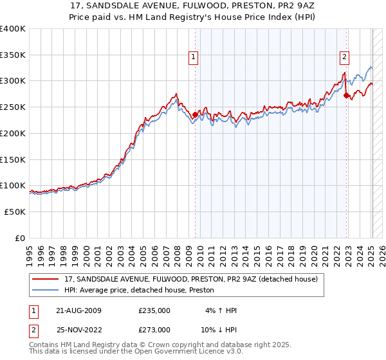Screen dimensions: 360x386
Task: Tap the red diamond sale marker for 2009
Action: pos(195,115)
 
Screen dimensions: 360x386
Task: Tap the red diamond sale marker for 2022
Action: pos(346,95)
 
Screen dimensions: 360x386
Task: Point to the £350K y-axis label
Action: pos(13,55)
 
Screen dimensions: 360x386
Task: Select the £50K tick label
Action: pos(15,212)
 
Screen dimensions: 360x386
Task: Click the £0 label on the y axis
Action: pos(21,238)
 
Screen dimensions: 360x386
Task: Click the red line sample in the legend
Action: pos(45,280)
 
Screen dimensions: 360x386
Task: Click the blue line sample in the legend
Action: pos(45,291)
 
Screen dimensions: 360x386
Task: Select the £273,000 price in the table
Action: pos(154,329)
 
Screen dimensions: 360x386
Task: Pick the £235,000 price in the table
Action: pos(154,311)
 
